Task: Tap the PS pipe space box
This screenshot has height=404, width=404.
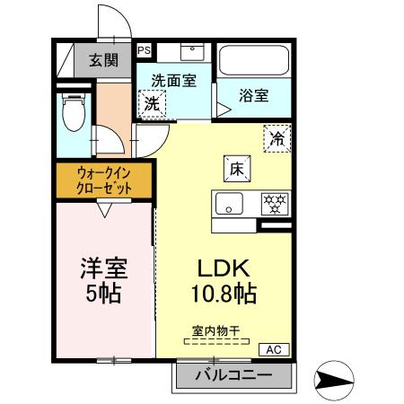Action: coord(144,51)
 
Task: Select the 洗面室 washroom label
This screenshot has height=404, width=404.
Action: coord(173,79)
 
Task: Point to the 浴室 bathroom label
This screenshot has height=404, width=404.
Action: coord(254,95)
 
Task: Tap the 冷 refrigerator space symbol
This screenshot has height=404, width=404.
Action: coord(277,138)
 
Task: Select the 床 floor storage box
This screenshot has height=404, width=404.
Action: coord(237,168)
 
